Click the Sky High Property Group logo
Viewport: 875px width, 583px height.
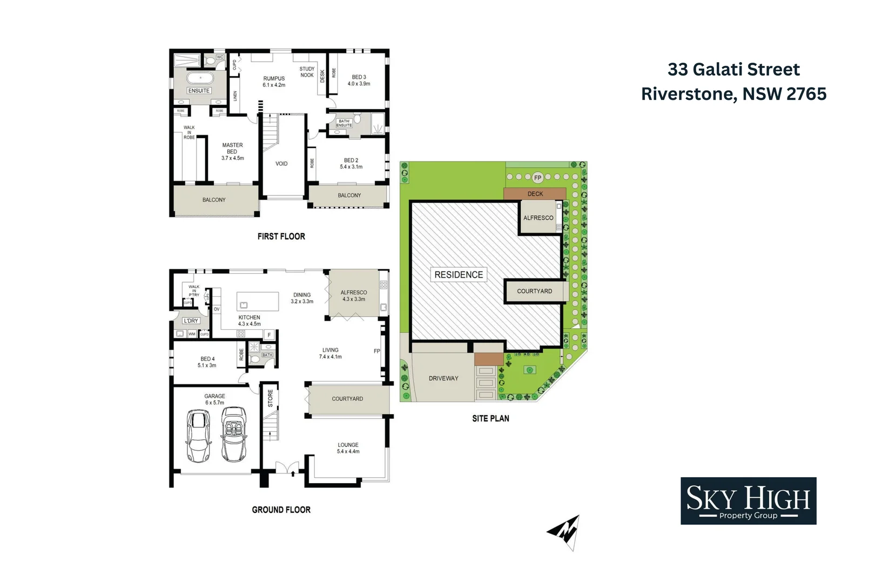point(748,500)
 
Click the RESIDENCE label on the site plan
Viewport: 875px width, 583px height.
point(459,275)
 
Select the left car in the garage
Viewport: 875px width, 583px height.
point(198,436)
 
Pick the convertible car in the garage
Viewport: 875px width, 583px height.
point(234,435)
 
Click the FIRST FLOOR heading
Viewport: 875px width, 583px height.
point(281,236)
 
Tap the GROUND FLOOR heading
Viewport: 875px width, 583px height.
point(281,510)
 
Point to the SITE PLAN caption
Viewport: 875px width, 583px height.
point(490,418)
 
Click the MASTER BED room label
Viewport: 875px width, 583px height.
point(232,151)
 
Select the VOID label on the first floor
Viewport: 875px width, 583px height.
point(281,164)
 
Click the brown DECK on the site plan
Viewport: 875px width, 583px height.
point(535,194)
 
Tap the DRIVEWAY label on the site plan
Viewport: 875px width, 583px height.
point(443,378)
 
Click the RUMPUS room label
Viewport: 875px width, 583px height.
point(274,82)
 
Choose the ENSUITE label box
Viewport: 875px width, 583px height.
point(199,91)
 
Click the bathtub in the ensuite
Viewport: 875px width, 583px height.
point(200,78)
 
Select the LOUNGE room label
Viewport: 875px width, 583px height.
point(348,448)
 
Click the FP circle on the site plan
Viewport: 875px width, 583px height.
point(537,178)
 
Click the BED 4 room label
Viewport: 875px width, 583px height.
point(207,362)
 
